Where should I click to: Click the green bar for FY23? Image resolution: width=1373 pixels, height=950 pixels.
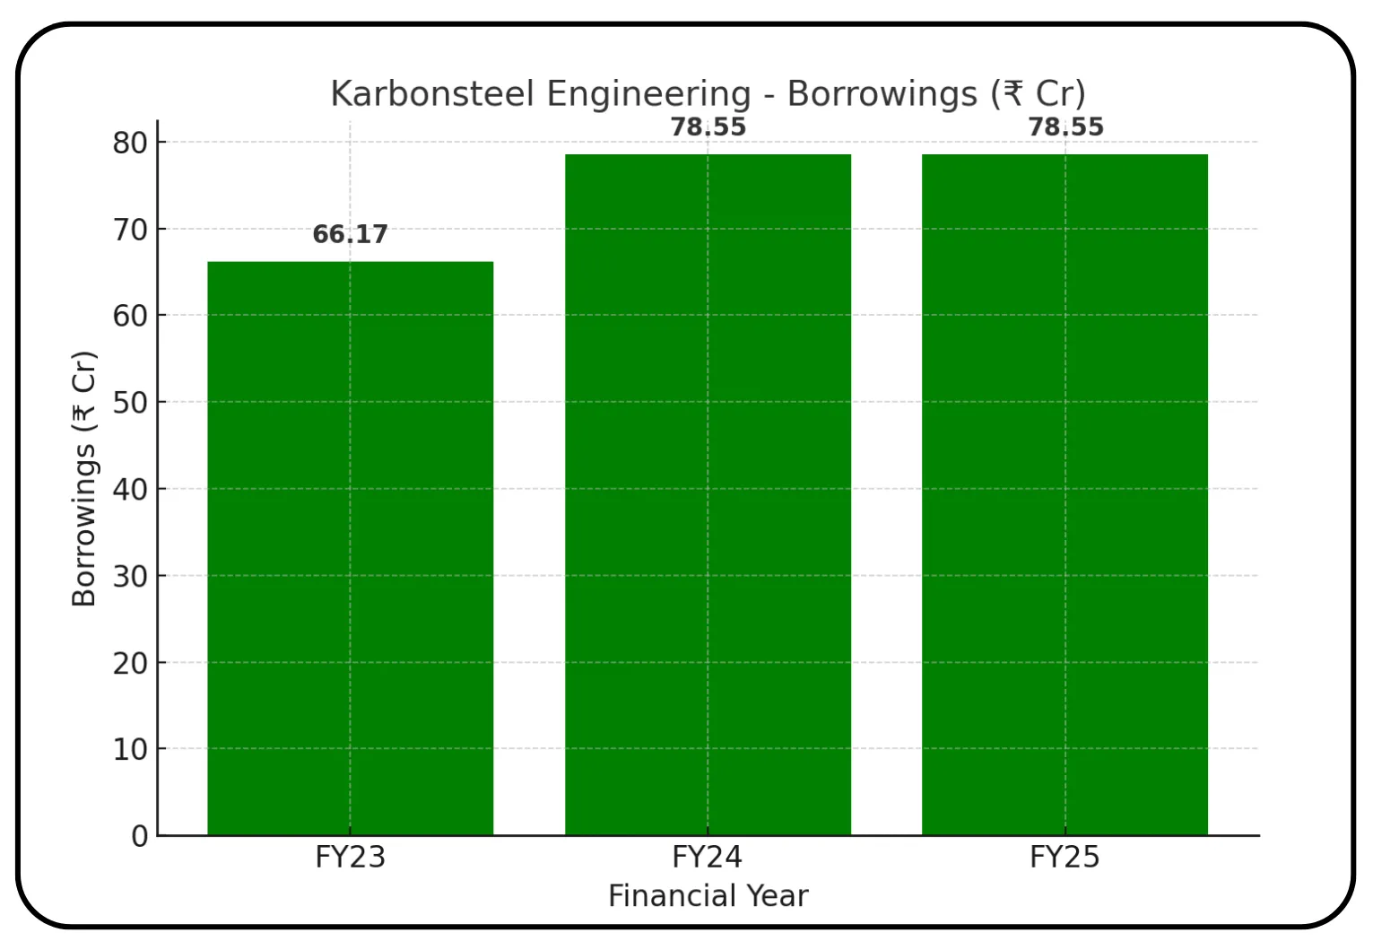click(350, 547)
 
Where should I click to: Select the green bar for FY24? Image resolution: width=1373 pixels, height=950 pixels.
click(708, 493)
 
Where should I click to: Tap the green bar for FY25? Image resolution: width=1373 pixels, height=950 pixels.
click(1065, 493)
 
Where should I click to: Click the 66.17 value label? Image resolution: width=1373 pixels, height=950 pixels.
click(350, 234)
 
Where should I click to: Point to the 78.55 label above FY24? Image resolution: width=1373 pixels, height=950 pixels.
click(708, 127)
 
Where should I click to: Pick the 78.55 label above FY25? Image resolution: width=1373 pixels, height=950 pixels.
click(1065, 127)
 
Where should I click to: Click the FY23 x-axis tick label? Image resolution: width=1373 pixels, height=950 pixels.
click(350, 858)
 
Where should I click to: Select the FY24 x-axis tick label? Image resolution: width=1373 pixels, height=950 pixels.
click(708, 858)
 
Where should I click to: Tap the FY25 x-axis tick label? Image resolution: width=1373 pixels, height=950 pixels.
click(1065, 858)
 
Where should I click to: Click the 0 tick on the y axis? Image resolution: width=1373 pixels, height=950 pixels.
click(139, 836)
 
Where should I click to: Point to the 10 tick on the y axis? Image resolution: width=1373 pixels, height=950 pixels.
click(130, 749)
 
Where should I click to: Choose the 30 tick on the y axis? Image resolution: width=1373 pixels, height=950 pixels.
click(130, 576)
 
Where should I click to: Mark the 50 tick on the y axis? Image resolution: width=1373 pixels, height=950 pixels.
click(130, 403)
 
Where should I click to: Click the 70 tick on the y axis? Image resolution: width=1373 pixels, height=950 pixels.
click(130, 230)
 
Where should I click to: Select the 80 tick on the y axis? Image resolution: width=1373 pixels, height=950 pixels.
click(130, 143)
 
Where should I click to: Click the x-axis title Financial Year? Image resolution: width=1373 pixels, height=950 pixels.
click(708, 896)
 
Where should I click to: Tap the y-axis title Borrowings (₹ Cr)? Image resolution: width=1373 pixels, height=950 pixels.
click(83, 479)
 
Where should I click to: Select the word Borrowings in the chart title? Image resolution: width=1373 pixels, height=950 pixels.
click(882, 94)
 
